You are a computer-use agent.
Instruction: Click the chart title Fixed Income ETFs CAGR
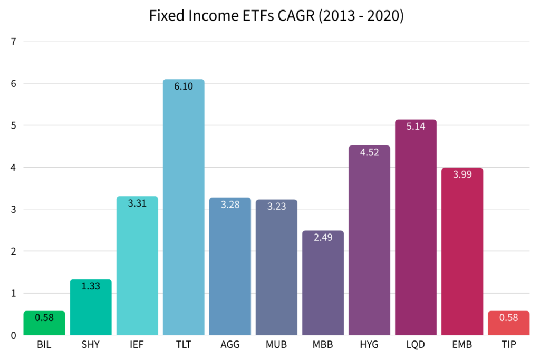[276, 16]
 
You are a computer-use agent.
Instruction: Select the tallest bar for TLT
[184, 211]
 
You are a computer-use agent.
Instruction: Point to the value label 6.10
[184, 86]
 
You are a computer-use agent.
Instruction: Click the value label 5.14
[416, 127]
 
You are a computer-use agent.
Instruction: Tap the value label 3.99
[462, 174]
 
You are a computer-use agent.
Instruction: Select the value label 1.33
[91, 286]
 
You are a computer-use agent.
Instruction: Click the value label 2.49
[323, 238]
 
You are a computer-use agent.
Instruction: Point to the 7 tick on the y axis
[13, 41]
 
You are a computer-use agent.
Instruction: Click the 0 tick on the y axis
[13, 335]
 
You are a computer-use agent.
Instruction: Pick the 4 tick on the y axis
[13, 167]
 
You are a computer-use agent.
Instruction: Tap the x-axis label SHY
[91, 346]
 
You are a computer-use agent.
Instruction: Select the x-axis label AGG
[230, 346]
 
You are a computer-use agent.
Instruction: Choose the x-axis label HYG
[369, 346]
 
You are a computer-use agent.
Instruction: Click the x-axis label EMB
[462, 346]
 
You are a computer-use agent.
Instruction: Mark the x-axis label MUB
[276, 346]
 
